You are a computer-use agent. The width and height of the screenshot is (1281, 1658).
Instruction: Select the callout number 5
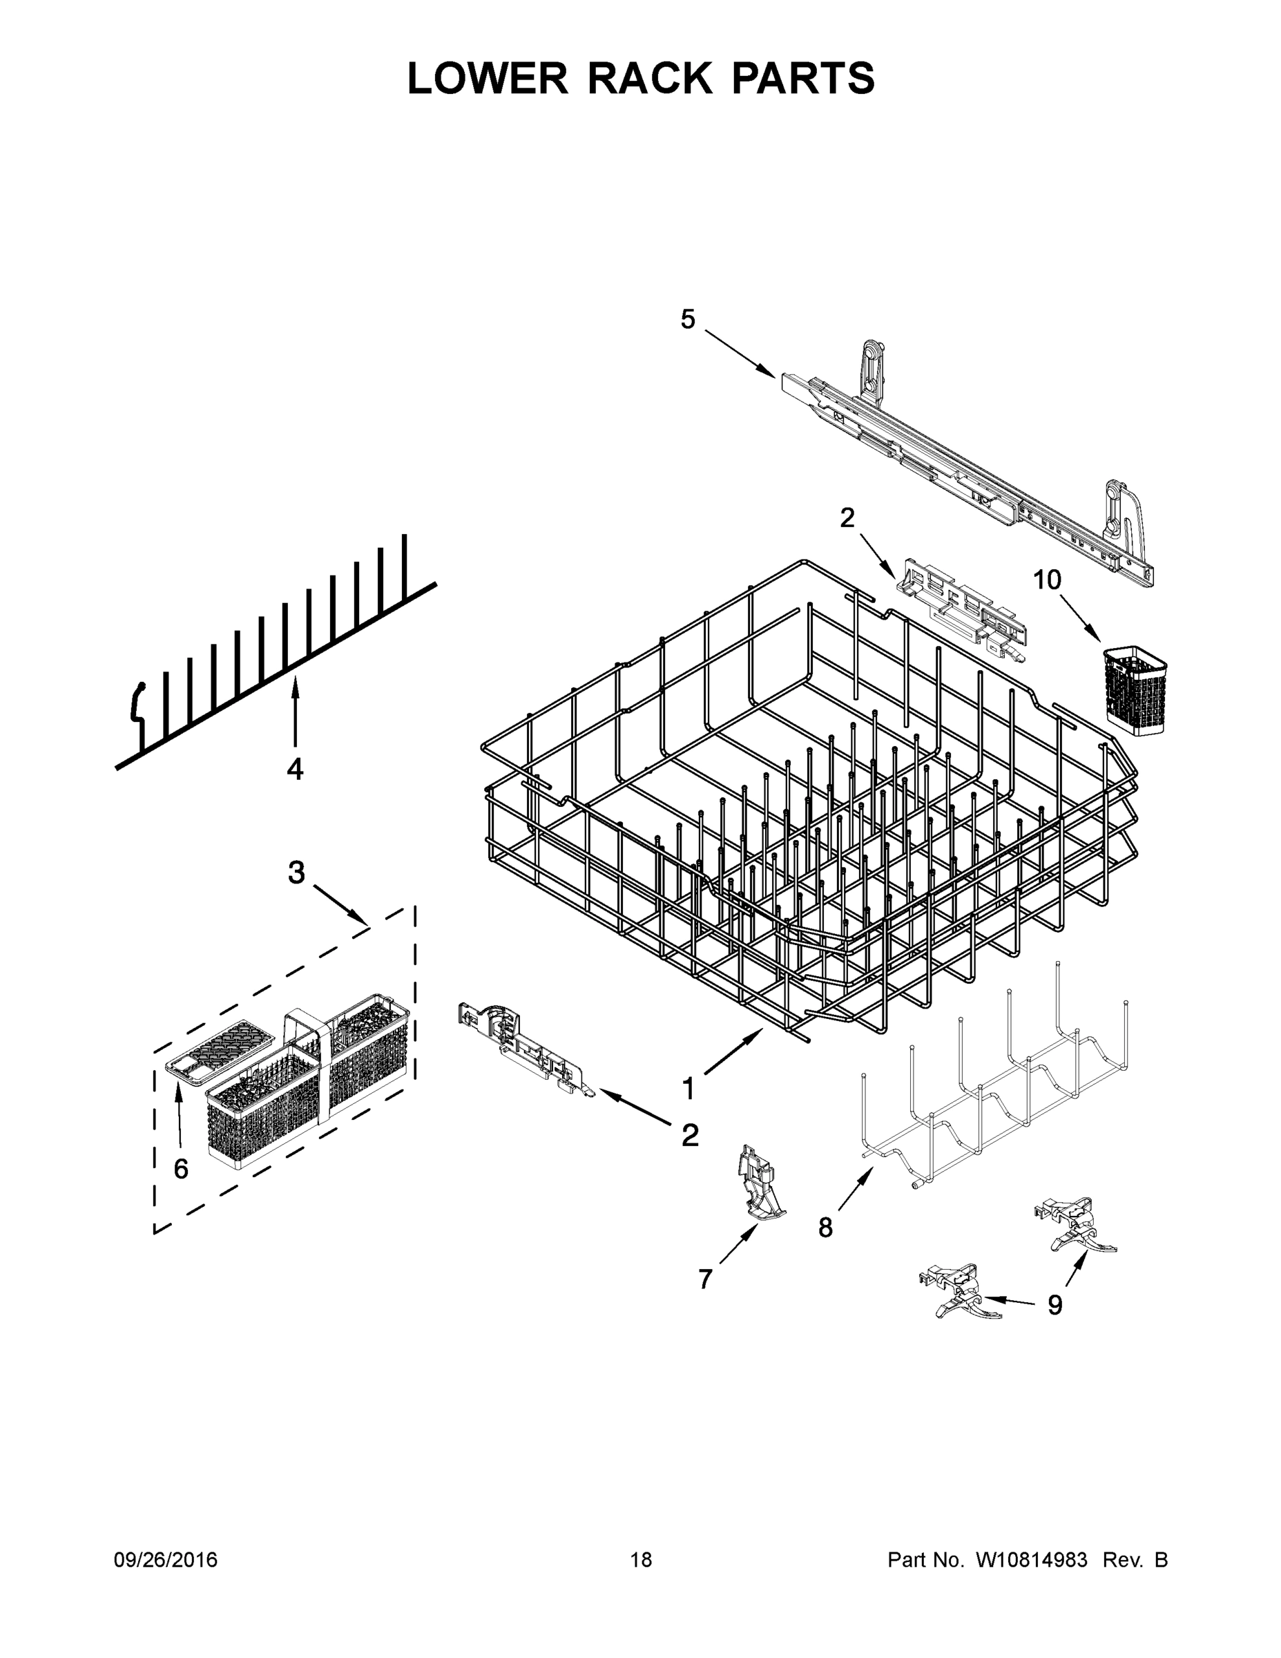click(687, 320)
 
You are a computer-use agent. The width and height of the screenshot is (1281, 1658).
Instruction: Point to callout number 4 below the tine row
click(294, 769)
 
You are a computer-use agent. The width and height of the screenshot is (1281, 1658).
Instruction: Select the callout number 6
click(181, 1169)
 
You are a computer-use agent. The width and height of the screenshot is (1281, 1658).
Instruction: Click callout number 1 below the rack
click(688, 1089)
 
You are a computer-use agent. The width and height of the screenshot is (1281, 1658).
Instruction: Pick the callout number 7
click(705, 1279)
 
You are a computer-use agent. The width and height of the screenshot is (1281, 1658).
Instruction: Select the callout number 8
click(825, 1228)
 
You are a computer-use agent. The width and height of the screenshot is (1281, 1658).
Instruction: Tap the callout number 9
click(1055, 1305)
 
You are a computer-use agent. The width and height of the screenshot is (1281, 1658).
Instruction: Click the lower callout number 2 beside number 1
click(689, 1136)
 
